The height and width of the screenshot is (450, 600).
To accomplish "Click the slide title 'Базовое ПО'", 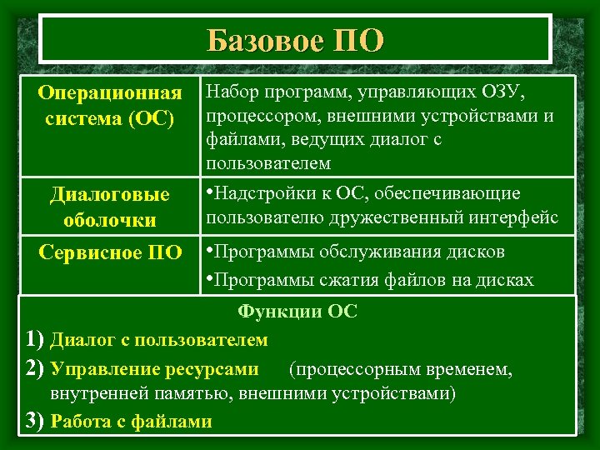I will [296, 39].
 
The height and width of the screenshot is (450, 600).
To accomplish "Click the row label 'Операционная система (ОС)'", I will [111, 104].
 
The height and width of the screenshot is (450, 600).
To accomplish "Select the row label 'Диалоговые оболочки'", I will [111, 208].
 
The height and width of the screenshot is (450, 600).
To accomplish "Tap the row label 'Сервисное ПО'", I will [110, 253].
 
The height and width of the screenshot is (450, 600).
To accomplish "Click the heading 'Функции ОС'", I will [297, 312].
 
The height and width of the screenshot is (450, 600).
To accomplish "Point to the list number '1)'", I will [35, 339].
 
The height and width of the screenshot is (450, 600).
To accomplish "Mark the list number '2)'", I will [35, 367].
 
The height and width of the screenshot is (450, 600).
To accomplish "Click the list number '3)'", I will [35, 420].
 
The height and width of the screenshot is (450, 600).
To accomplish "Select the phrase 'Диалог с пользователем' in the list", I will [159, 340].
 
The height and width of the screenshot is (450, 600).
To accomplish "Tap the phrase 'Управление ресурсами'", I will [155, 367].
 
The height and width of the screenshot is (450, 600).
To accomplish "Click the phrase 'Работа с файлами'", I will [132, 421].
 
